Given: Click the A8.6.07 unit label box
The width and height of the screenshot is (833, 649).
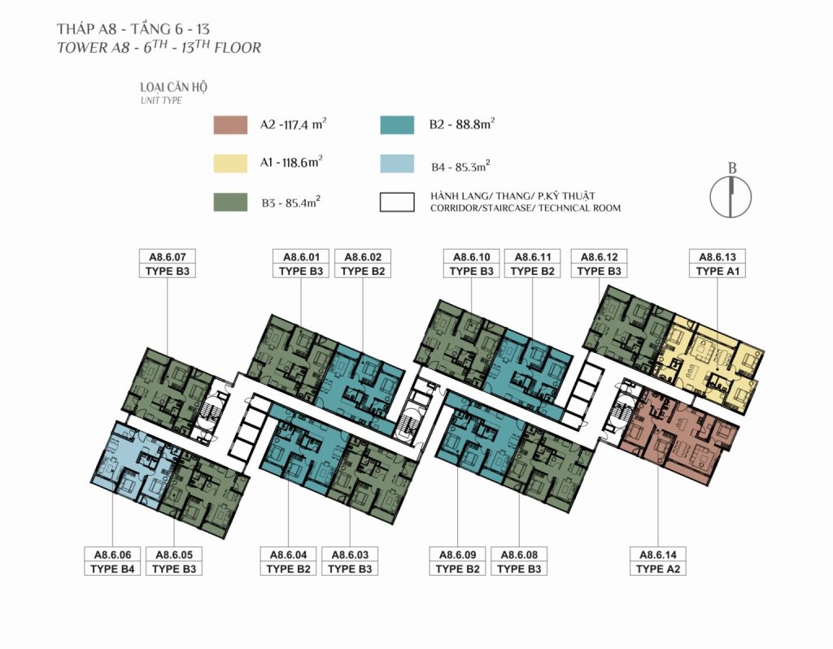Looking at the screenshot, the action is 168,264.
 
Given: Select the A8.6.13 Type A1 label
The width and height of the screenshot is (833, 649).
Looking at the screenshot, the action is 717,264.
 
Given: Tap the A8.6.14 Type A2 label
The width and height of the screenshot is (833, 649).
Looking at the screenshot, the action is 657,561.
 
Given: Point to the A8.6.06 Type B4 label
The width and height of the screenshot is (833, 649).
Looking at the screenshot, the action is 112,561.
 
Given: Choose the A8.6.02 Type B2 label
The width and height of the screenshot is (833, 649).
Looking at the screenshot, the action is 363,264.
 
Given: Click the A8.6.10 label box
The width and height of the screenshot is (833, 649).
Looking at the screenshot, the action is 471,264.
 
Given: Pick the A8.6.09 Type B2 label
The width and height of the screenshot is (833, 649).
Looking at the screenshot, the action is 457,561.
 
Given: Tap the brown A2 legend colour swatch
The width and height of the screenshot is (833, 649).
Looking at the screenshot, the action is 230,124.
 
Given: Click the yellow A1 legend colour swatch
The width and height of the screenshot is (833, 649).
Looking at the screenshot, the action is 230,163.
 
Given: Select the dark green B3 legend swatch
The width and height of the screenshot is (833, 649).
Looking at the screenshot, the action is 230,203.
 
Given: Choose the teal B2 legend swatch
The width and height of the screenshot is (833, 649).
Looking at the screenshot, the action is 397,124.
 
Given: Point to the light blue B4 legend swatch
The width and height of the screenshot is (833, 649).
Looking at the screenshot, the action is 397,163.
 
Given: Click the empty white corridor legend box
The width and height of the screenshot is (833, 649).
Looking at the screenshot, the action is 397,203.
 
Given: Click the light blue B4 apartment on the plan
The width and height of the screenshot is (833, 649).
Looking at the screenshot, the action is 132,464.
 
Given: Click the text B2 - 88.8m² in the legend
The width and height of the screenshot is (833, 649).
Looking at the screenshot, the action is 462,124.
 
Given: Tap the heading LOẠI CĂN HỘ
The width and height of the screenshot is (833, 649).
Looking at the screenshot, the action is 174,87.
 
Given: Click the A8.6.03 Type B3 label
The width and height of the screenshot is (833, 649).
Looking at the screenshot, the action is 350,561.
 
